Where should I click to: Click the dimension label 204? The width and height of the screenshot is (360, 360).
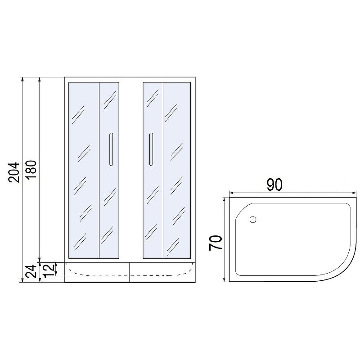14,172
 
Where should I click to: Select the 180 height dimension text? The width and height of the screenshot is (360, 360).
31,170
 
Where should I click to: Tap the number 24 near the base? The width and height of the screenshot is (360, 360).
31,271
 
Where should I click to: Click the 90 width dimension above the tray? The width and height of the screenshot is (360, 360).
274,184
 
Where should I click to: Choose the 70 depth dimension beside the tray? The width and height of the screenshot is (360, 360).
216,243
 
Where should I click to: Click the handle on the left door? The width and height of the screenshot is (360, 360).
111,149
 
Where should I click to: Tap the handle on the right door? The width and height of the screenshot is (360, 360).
151,149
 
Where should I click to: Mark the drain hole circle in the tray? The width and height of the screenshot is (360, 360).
252,220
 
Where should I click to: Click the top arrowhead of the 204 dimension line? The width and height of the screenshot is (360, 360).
22,79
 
